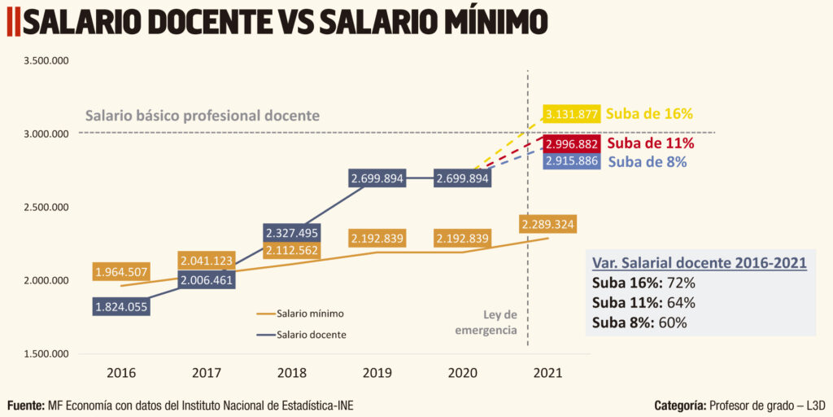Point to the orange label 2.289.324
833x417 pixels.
click(548, 224)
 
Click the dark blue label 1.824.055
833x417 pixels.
click(121, 307)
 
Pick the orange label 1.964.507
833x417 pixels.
click(121, 272)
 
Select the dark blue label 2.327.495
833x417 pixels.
click(291, 233)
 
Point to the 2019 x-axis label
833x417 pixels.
click(377, 373)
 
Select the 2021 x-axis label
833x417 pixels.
click(547, 373)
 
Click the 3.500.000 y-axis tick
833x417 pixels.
click(46, 61)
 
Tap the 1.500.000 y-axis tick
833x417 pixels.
click(46, 354)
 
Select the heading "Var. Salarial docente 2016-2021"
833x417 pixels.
click(699, 263)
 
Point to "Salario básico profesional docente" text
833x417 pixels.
click(202, 116)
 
